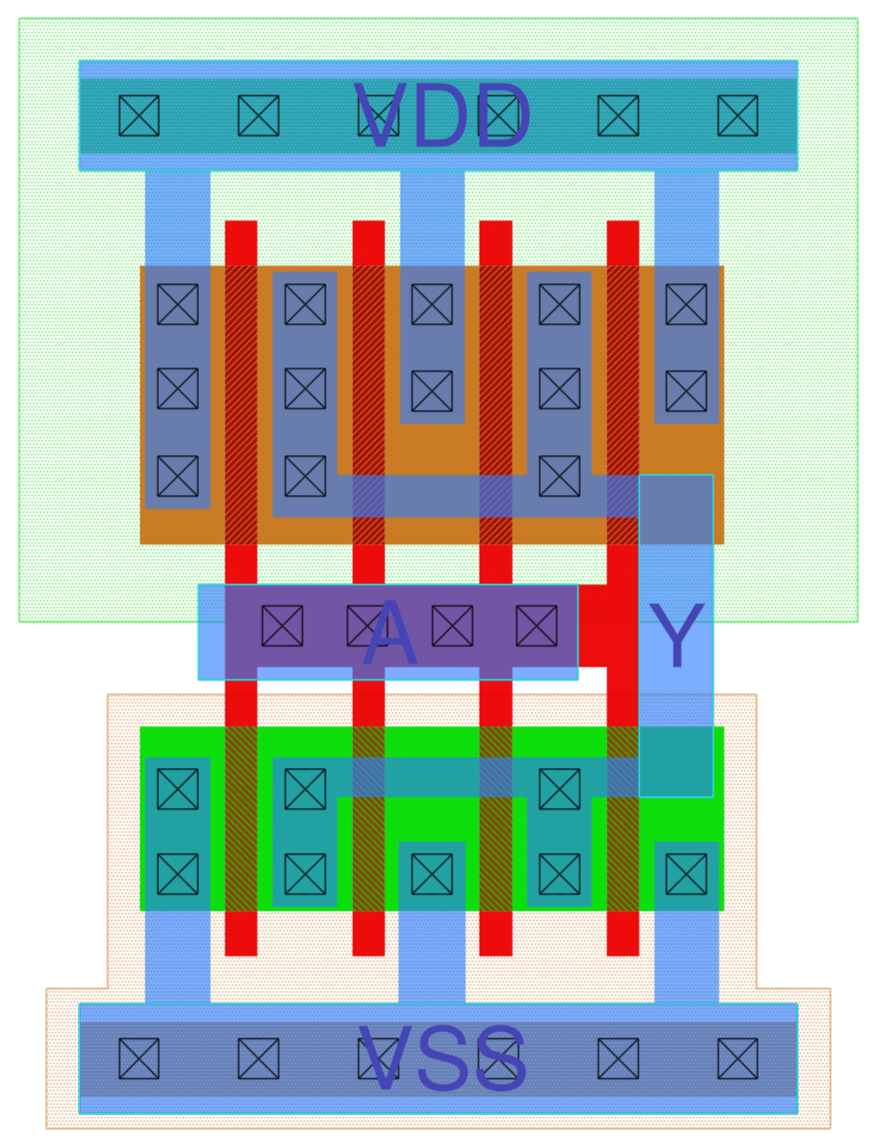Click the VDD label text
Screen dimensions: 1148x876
point(442,117)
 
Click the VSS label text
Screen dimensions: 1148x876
point(442,1059)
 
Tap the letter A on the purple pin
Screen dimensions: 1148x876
point(390,634)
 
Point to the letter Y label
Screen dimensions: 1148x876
point(676,636)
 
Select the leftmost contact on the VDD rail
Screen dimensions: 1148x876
point(139,116)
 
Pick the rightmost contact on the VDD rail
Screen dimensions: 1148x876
point(737,116)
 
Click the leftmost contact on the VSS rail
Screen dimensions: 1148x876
point(139,1059)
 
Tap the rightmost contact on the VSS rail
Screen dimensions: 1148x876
point(737,1059)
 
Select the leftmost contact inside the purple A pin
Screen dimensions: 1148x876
point(282,626)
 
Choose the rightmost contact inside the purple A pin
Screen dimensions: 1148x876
point(537,626)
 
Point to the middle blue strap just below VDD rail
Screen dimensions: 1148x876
point(432,217)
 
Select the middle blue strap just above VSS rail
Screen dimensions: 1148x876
point(432,958)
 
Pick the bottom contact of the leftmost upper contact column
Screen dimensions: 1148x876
point(178,476)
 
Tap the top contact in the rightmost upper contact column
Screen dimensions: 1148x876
point(686,304)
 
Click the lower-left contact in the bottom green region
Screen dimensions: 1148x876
point(178,874)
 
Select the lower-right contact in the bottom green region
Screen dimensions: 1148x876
point(686,874)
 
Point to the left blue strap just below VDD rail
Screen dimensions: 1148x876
point(178,217)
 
